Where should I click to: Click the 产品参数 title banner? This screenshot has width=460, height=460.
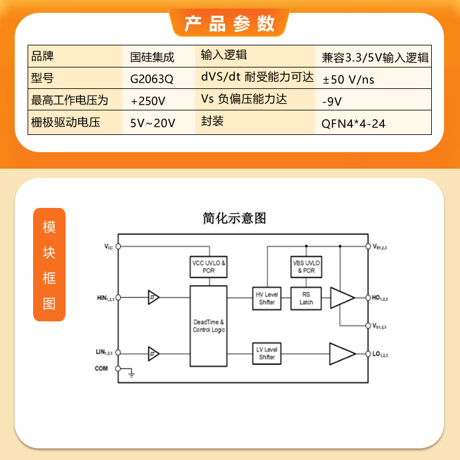click(x=229, y=23)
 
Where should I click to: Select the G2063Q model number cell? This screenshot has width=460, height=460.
click(x=151, y=79)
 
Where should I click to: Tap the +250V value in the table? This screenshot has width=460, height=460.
click(x=148, y=101)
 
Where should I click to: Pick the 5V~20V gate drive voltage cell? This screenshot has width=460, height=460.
click(x=153, y=123)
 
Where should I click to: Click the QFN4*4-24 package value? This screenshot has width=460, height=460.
click(x=353, y=124)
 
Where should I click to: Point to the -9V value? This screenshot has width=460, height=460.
click(x=332, y=101)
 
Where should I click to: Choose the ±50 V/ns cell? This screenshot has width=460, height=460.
click(x=348, y=80)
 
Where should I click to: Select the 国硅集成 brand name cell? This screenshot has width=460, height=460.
click(x=152, y=57)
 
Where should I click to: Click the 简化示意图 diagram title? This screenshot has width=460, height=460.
click(x=234, y=218)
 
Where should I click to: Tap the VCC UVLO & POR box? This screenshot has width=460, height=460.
click(x=209, y=267)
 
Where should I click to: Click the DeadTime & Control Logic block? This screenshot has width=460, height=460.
click(x=209, y=326)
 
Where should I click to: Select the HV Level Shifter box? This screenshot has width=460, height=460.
click(x=267, y=298)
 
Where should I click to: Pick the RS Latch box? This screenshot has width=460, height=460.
click(x=306, y=298)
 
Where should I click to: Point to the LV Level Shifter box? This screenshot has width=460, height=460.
click(x=267, y=353)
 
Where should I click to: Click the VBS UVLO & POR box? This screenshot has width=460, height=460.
click(x=306, y=267)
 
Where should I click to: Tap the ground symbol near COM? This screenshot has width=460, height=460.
click(x=131, y=374)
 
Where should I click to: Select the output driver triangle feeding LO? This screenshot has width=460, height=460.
click(x=342, y=353)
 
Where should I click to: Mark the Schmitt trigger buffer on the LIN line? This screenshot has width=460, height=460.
click(x=153, y=354)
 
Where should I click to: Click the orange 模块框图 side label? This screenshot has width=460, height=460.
click(x=49, y=264)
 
